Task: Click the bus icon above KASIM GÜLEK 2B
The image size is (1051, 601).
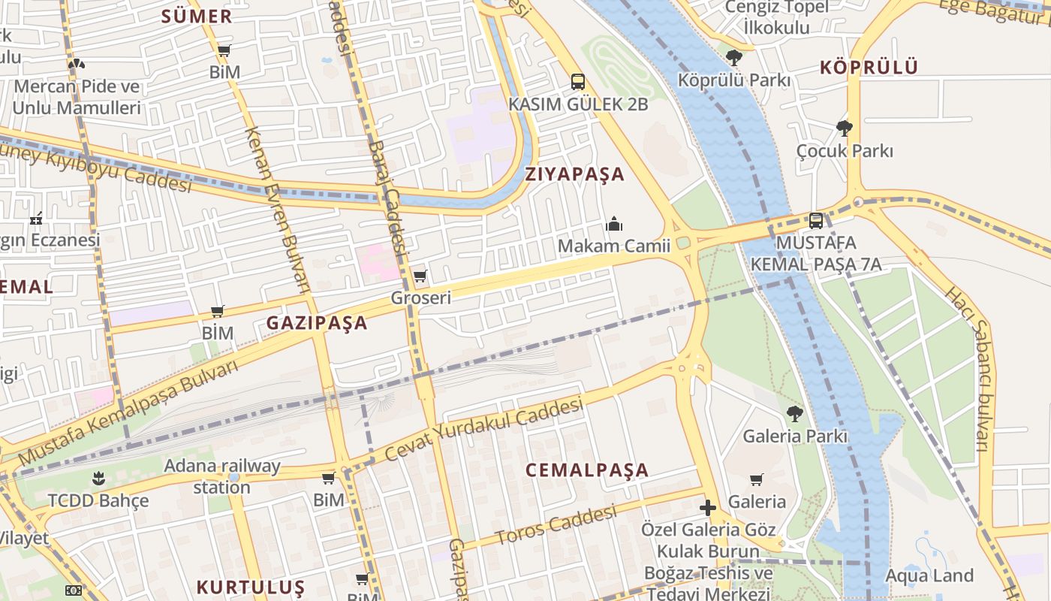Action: click(x=577, y=82)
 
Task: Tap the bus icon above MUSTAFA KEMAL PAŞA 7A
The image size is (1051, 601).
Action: click(x=816, y=221)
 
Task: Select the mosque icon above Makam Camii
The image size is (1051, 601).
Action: click(x=614, y=224)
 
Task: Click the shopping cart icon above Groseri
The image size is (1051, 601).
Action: click(x=420, y=276)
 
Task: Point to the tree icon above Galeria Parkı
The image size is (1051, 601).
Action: click(x=794, y=413)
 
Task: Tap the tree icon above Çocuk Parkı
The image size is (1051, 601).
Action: click(x=845, y=128)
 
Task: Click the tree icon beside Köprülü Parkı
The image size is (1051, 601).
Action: click(x=734, y=57)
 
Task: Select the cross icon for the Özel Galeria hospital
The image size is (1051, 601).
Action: click(x=707, y=507)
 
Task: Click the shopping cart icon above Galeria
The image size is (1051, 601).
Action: click(x=757, y=479)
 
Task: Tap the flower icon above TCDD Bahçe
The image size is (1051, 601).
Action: click(x=98, y=478)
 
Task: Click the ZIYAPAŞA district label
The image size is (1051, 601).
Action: click(x=575, y=174)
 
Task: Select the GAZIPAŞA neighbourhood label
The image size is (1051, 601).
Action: click(x=317, y=323)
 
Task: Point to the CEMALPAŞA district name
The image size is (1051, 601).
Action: click(x=587, y=470)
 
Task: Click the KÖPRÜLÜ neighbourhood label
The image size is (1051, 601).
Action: click(x=869, y=67)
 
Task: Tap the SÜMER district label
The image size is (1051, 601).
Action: click(x=197, y=17)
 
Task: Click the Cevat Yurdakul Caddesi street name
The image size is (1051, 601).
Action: click(x=484, y=430)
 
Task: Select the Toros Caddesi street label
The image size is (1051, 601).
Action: click(x=556, y=524)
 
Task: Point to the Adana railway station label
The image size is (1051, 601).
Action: click(x=222, y=476)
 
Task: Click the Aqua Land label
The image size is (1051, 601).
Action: click(x=929, y=575)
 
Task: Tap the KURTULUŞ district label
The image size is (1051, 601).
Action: click(x=251, y=587)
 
